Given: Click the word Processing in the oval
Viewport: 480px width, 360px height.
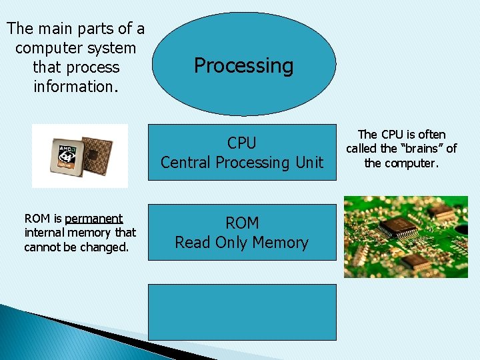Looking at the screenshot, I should pos(243,66).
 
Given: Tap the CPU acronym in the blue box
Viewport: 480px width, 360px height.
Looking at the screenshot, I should pos(241,143).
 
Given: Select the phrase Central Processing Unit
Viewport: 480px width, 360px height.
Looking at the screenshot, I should pos(241,162).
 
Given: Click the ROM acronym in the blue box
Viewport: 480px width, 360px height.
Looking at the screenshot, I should pos(241,223).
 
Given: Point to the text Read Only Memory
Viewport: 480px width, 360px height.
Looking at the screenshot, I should pos(241,243).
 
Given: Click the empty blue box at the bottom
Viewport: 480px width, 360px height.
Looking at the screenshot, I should pos(242,312).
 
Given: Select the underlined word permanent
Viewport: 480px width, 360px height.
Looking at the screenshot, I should pos(93,219).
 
